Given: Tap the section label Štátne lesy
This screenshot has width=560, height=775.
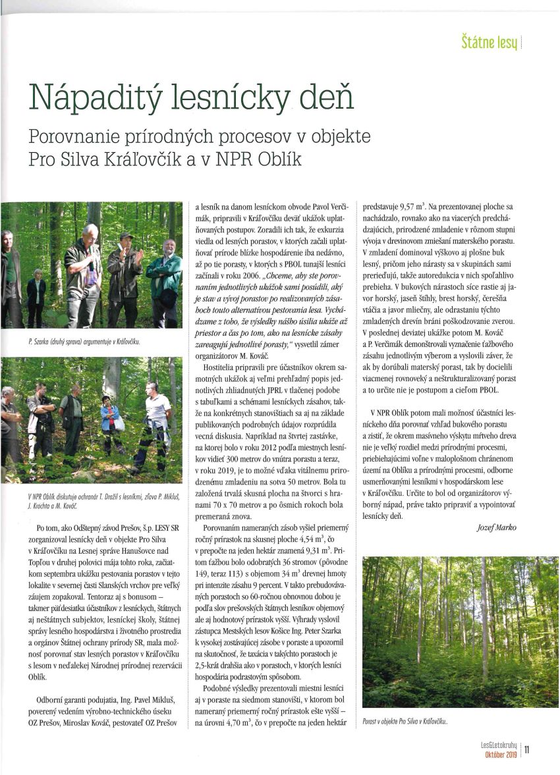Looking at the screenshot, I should [490, 44].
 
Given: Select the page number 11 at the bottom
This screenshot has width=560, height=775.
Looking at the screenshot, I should [528, 748].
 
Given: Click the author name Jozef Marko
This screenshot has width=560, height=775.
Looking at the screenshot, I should [497, 527].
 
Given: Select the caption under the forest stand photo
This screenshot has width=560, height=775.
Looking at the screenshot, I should [405, 721].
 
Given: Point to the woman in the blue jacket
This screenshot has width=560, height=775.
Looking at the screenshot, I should [109, 421].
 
